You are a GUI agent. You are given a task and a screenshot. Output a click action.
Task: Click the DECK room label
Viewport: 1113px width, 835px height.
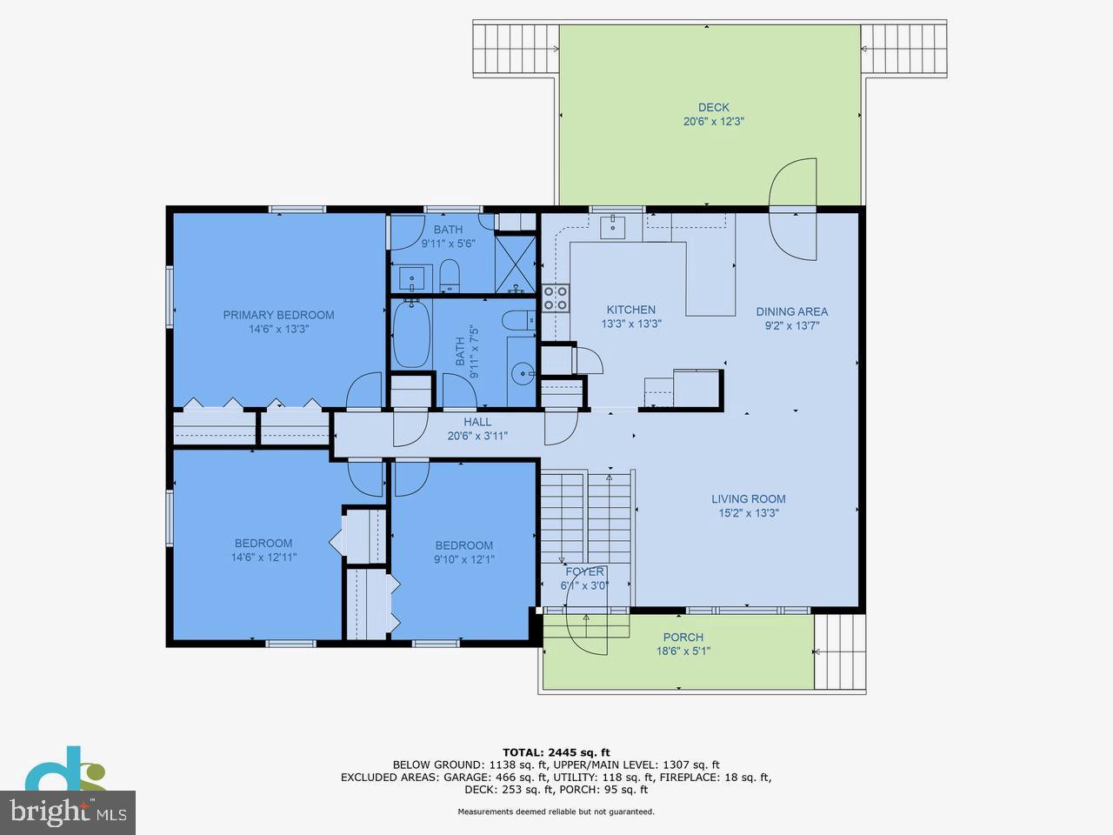(713, 108)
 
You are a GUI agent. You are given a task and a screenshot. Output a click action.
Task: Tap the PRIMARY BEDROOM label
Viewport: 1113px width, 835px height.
(278, 315)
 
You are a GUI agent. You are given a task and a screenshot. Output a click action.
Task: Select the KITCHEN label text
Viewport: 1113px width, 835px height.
(630, 310)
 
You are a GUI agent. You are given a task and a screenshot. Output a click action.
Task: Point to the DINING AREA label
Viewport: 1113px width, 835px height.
(791, 311)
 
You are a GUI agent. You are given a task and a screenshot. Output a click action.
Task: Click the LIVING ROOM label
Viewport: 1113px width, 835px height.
(748, 499)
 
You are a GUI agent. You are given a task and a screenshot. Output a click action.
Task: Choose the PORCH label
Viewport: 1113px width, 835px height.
(683, 638)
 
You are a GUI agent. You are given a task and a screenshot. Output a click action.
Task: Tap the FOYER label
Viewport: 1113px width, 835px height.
(584, 571)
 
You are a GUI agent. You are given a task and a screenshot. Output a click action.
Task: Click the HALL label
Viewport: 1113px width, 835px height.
(477, 422)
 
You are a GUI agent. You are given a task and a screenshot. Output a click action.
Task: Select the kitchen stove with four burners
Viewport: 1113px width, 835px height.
(556, 298)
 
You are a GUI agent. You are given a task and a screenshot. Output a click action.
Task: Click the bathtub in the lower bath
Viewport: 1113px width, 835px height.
(410, 335)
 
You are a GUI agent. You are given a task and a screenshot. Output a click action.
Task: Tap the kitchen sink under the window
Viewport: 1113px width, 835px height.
(614, 226)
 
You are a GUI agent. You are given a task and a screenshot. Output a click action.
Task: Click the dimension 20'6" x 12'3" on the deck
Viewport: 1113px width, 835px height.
(713, 122)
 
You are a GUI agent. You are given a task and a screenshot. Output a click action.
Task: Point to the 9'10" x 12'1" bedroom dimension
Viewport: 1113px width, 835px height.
(464, 559)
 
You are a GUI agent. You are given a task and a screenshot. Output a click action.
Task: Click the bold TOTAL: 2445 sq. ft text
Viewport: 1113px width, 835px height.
(556, 752)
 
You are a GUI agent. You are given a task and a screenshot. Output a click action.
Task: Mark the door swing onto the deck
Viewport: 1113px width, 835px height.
(793, 209)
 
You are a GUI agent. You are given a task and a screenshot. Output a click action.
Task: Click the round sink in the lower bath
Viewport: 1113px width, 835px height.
(523, 374)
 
